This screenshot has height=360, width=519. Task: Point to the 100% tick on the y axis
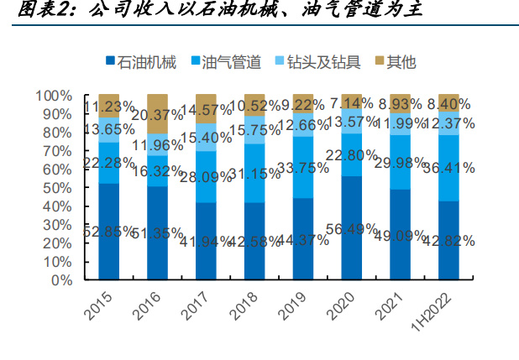coord(57,95)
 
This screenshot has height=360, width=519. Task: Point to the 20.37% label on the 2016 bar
coord(160,116)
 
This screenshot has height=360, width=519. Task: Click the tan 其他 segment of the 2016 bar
coord(157,113)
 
